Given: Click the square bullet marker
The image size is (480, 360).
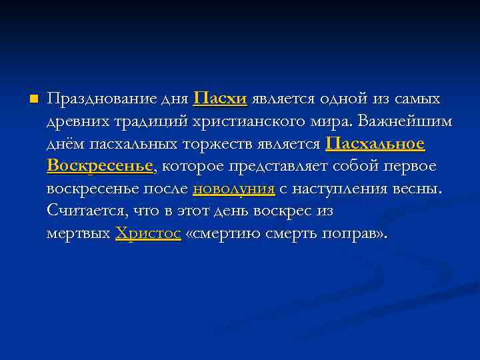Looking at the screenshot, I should click(x=31, y=99).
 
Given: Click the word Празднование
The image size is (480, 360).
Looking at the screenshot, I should click(x=102, y=100).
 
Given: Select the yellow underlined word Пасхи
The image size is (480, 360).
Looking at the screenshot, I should click(x=220, y=99).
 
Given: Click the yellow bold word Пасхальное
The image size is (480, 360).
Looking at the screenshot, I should click(x=375, y=144).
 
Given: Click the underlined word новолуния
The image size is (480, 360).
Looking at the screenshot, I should click(x=233, y=189).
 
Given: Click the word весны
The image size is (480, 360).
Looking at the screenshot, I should click(x=417, y=189).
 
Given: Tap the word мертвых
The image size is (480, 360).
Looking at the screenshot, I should click(x=78, y=234).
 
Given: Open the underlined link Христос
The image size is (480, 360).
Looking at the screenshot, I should click(x=148, y=234).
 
